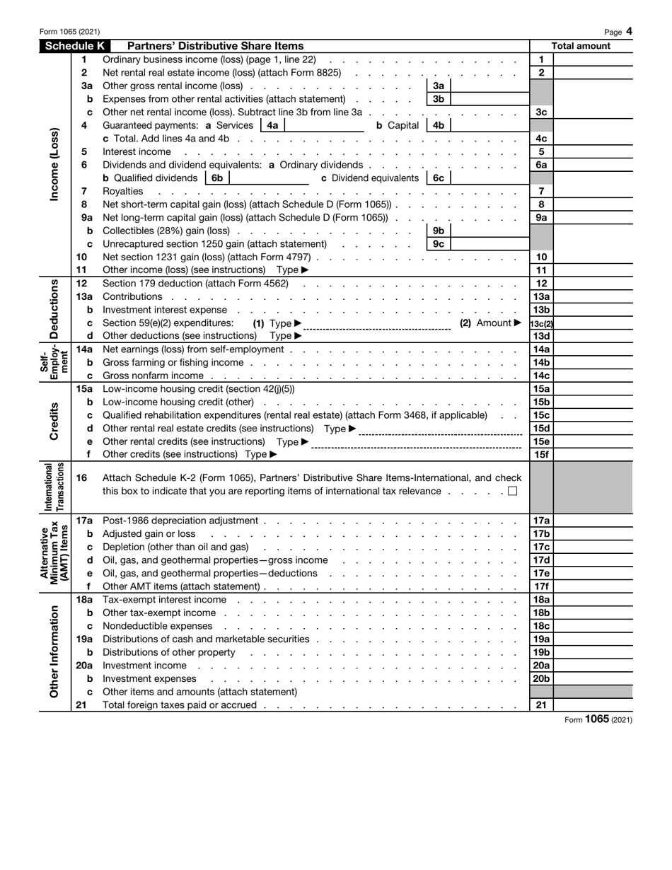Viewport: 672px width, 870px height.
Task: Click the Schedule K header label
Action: tap(74, 46)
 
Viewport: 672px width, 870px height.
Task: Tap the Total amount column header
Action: tap(581, 46)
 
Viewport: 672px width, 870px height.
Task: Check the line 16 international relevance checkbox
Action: tap(512, 491)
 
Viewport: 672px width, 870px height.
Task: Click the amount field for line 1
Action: tap(593, 60)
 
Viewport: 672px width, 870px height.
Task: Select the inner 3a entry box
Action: tap(488, 86)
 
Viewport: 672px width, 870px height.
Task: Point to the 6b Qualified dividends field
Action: tap(269, 178)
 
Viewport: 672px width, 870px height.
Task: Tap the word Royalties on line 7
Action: tap(122, 191)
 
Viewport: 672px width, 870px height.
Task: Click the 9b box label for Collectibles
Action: tap(438, 231)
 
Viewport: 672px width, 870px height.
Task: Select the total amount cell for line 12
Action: tap(593, 284)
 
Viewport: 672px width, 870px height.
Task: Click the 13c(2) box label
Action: tap(541, 323)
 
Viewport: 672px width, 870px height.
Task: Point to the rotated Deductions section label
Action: tap(55, 308)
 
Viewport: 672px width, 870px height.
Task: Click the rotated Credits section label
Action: tap(55, 422)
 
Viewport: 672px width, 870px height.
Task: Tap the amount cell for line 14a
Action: tap(593, 349)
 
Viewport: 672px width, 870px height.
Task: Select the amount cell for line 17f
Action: tap(593, 586)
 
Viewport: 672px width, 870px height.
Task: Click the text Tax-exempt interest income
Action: tap(165, 600)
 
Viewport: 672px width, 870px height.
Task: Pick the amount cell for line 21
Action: tap(593, 705)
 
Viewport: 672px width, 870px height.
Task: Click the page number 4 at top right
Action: tap(629, 31)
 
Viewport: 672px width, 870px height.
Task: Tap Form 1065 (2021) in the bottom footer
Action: tap(598, 719)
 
